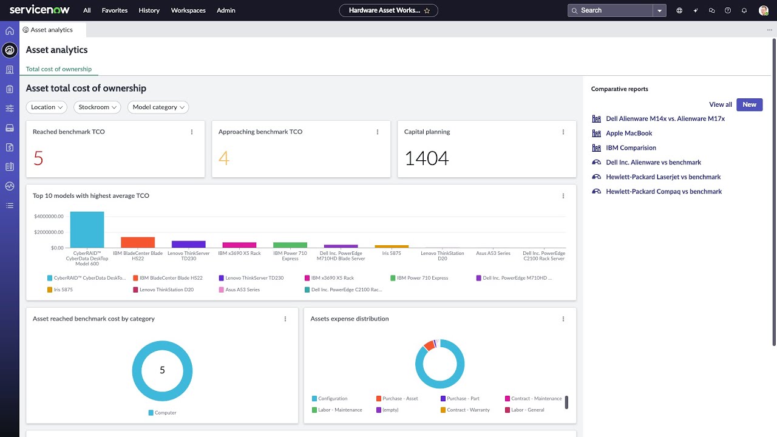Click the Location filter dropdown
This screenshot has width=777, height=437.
[47, 107]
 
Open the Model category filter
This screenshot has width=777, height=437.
[158, 107]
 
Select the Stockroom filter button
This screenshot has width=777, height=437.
[97, 107]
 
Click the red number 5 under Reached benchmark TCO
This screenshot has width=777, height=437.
[38, 158]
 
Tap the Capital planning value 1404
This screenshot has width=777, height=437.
[426, 158]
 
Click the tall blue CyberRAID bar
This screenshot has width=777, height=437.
[87, 229]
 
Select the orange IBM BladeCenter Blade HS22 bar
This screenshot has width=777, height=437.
[138, 242]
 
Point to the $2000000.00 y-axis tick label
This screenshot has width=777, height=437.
[49, 232]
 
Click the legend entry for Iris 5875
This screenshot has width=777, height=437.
[63, 290]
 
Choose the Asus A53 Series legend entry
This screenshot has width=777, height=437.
[242, 290]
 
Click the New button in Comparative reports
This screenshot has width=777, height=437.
[749, 104]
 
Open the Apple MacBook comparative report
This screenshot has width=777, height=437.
[629, 133]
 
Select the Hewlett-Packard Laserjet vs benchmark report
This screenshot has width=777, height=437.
[663, 177]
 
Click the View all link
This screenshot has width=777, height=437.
[720, 104]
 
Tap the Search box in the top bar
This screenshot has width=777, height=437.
[610, 10]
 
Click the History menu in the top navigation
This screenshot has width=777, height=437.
[149, 10]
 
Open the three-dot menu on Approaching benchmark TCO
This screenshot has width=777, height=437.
[378, 132]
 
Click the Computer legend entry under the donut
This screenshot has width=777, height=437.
[165, 413]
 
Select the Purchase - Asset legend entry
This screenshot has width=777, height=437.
[399, 399]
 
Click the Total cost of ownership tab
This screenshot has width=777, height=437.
[58, 69]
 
